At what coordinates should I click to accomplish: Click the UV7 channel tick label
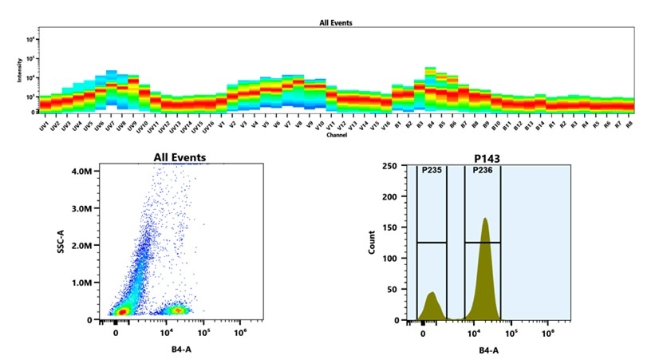click(109, 126)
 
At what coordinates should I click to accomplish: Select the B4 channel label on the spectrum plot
click(429, 126)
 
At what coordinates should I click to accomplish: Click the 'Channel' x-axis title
click(335, 135)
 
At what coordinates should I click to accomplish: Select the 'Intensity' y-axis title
click(19, 71)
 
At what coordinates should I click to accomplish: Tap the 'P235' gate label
click(431, 170)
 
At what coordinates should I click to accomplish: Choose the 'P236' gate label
click(482, 170)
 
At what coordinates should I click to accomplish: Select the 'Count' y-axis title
click(372, 243)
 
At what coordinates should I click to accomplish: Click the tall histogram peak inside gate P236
click(484, 263)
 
